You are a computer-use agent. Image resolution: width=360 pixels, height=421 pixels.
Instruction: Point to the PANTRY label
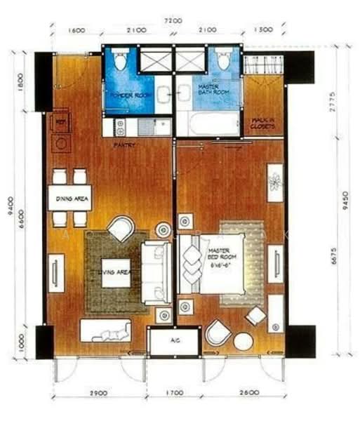click(x=125, y=145)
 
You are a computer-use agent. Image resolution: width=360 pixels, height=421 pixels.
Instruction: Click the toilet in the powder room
click(x=120, y=60)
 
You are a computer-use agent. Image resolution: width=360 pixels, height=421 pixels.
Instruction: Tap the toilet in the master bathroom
click(x=223, y=60)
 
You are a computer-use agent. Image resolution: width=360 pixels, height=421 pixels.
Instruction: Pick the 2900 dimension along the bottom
click(x=98, y=394)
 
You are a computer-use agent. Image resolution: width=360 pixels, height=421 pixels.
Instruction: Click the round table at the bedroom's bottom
click(x=243, y=342)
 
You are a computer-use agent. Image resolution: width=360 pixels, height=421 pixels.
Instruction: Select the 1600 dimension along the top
click(x=77, y=30)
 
